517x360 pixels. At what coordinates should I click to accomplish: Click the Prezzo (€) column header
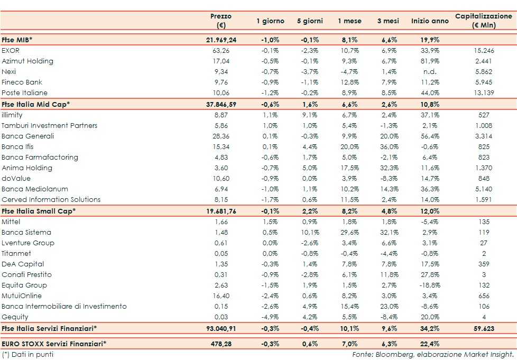(x=221, y=21)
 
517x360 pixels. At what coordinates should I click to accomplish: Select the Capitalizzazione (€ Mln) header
(x=484, y=21)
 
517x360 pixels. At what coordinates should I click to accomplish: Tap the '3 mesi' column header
(x=388, y=21)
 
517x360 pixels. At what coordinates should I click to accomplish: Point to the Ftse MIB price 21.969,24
(x=221, y=40)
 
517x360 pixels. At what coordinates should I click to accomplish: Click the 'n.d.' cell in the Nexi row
(x=430, y=72)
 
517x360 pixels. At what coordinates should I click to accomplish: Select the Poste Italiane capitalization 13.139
(x=484, y=93)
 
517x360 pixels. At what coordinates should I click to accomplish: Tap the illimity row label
(x=12, y=115)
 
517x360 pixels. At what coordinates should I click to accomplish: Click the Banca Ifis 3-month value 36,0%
(x=388, y=147)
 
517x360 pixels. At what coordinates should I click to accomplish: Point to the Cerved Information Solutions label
(x=51, y=200)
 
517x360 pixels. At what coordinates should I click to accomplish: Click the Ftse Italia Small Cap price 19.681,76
(x=221, y=211)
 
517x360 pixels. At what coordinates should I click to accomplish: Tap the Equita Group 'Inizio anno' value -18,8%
(x=428, y=285)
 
